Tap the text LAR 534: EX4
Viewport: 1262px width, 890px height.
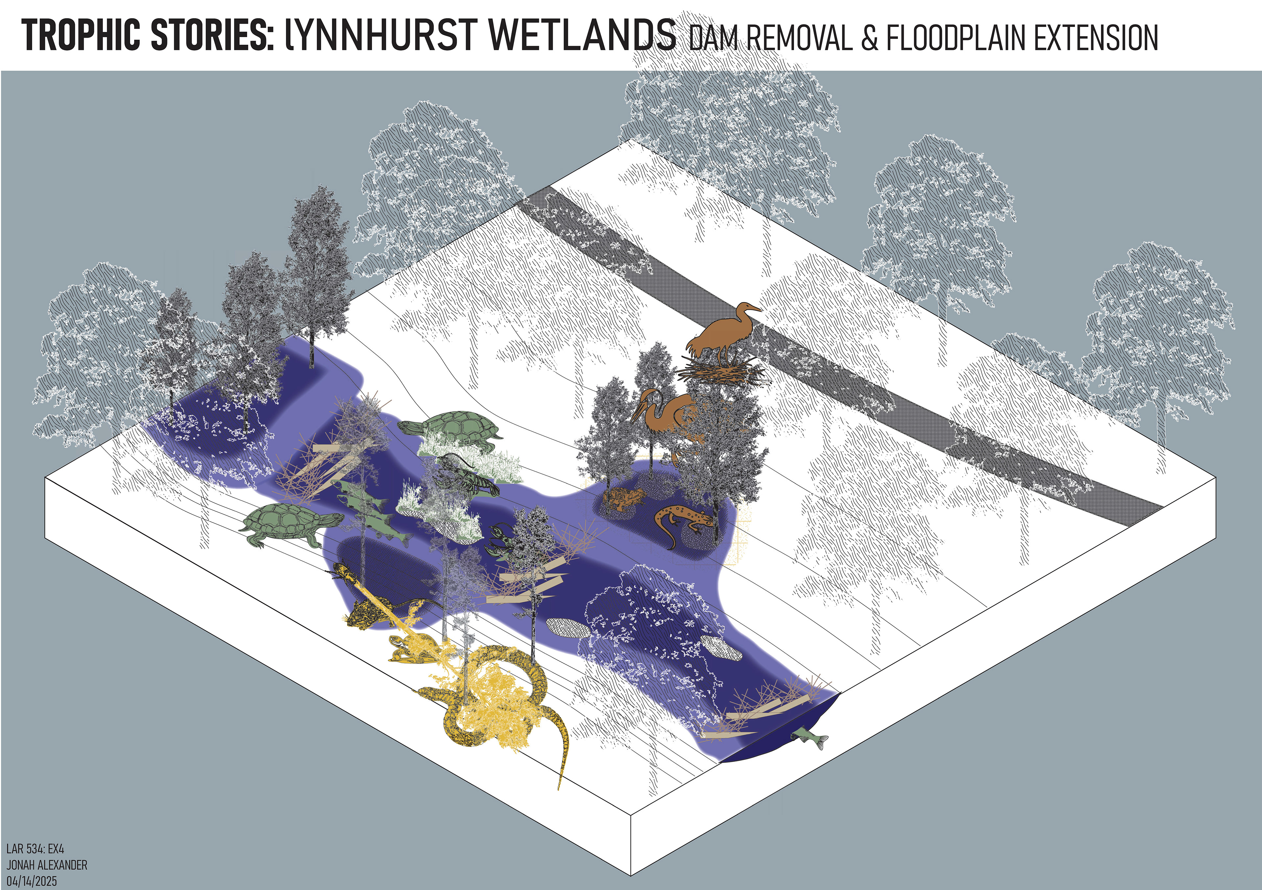coord(35,849)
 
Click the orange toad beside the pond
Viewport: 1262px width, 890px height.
coord(624,498)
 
